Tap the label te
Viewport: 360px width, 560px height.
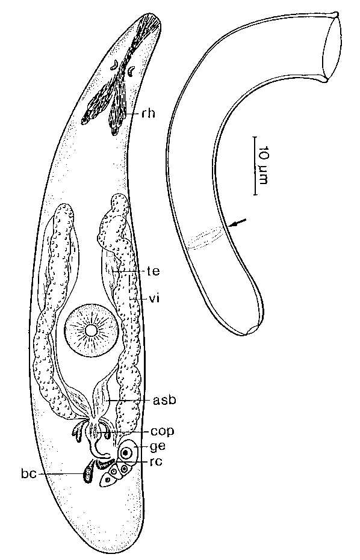(153, 272)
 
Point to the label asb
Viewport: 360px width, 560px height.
(164, 401)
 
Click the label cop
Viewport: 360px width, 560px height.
(163, 432)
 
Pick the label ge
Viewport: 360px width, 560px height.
(158, 446)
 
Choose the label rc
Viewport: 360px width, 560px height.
(157, 461)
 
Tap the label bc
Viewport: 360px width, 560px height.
(29, 474)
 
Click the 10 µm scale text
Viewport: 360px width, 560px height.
(262, 164)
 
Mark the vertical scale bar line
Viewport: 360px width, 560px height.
(255, 165)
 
